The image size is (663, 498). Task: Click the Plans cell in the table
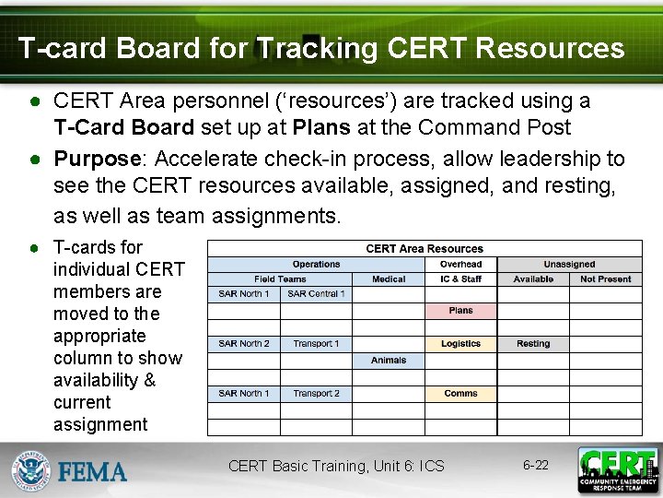pos(460,311)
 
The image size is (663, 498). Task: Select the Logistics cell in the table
pos(460,344)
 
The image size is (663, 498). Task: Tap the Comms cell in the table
pos(460,394)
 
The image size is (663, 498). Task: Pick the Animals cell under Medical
pos(389,361)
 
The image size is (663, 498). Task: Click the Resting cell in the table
pos(533,344)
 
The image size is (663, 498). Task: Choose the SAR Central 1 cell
pos(316,294)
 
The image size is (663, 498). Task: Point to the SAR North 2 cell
pos(244,344)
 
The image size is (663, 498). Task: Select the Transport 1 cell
pos(316,344)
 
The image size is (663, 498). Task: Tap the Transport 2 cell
pos(316,394)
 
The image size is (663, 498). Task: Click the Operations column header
pos(316,265)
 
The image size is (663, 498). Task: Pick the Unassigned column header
pos(569,265)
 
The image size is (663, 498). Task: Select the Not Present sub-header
pos(606,279)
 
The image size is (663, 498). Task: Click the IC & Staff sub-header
pos(460,279)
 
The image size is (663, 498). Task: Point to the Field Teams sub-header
pos(280,279)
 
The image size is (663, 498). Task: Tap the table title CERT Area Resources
pos(425,249)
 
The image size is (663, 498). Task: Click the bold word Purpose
pos(96,159)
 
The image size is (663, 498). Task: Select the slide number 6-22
pos(535,465)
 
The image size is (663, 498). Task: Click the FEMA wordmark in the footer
pos(93,472)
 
